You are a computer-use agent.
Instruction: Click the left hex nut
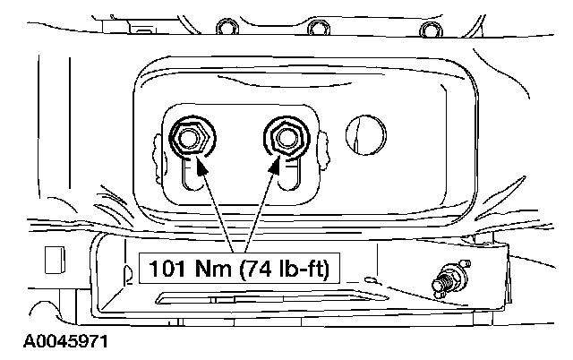188,138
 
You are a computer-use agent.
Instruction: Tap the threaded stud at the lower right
445,278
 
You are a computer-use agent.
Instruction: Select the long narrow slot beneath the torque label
260,297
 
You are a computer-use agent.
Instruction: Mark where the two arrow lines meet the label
238,253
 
